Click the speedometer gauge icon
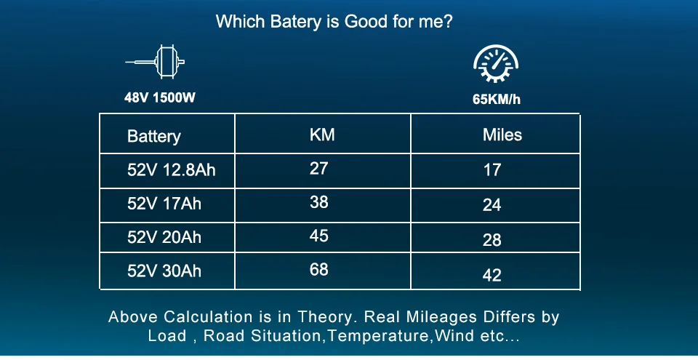(x=496, y=63)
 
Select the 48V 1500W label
(x=160, y=97)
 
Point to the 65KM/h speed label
(x=497, y=99)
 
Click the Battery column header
(x=154, y=136)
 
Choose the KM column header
(x=322, y=135)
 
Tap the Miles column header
(x=502, y=135)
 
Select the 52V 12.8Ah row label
(x=172, y=169)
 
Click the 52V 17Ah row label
(x=164, y=204)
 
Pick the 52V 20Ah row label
(x=164, y=237)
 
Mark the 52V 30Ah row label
(x=164, y=271)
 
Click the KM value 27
(x=318, y=169)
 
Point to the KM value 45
(x=318, y=236)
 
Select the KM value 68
(x=318, y=270)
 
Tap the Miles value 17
(x=492, y=169)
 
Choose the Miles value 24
(x=492, y=205)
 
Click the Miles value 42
(x=492, y=275)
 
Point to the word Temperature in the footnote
(x=379, y=336)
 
